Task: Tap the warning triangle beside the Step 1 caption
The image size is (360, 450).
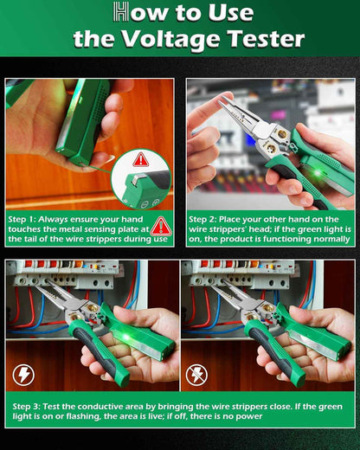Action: pyautogui.click(x=160, y=226)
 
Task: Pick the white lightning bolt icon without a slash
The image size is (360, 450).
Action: pyautogui.click(x=24, y=375)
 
